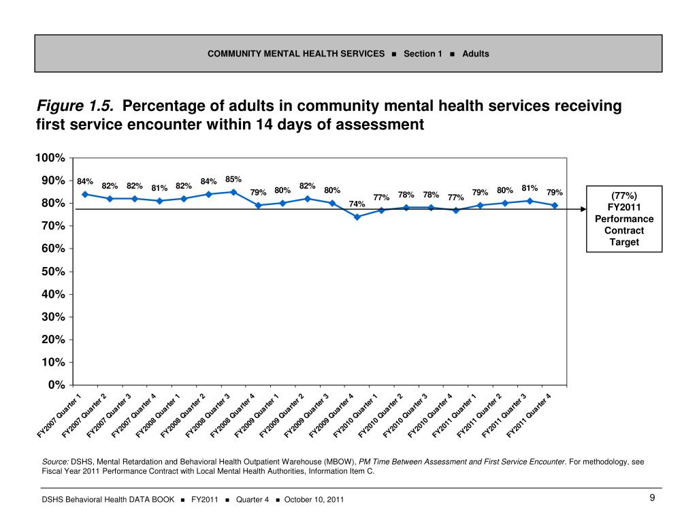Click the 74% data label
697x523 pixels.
(357, 204)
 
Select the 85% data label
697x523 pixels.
(233, 179)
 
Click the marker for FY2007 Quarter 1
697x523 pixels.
(85, 194)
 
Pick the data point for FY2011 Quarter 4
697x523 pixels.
(555, 205)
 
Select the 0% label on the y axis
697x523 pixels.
(56, 385)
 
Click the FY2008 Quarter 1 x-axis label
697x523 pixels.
(158, 415)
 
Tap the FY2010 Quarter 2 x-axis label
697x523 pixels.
(380, 415)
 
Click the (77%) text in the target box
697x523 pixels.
(624, 195)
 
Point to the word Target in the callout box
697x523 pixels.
(624, 242)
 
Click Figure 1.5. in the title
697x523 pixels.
(75, 106)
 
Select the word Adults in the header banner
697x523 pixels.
(476, 53)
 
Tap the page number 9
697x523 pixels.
(652, 498)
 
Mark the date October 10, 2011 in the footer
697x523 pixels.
(314, 500)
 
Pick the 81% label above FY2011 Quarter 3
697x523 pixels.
(530, 188)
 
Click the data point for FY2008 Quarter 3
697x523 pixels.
(233, 192)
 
